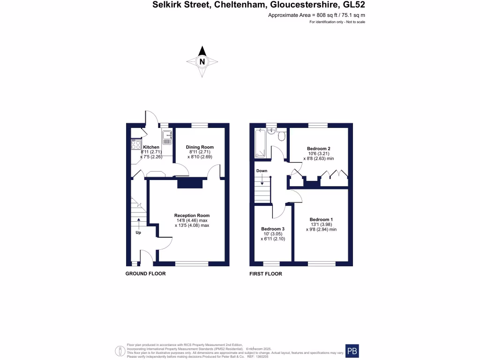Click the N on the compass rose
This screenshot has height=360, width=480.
click(202, 61)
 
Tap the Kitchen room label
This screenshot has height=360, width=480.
click(151, 147)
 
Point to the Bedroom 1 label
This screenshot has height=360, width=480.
click(321, 219)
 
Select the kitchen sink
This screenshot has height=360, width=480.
click(167, 137)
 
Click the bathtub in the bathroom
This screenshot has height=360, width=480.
click(260, 143)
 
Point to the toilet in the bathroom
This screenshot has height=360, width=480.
click(281, 136)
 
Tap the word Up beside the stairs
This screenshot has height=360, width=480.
click(138, 232)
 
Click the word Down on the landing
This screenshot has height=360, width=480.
click(262, 171)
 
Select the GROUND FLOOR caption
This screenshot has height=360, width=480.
click(145, 274)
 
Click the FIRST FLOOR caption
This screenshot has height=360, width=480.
click(265, 274)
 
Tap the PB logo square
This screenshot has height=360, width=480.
click(354, 351)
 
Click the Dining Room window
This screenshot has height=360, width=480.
click(200, 125)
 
